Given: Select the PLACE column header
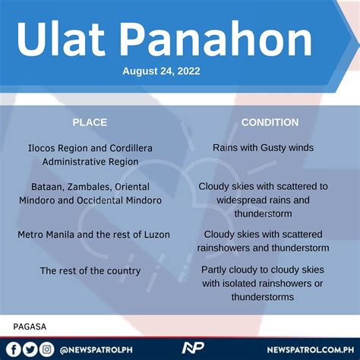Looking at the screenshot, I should [x=90, y=122].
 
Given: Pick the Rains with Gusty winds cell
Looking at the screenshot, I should [x=263, y=148].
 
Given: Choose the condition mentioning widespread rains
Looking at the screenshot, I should [x=263, y=199].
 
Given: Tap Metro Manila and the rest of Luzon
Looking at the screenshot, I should [x=93, y=235].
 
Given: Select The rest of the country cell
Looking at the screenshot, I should [x=90, y=270].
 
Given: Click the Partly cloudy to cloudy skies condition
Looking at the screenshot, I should [x=263, y=283].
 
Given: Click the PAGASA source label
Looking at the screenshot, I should [x=30, y=327].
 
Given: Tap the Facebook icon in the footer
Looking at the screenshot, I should [x=14, y=349].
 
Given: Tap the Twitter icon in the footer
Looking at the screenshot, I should [x=30, y=349].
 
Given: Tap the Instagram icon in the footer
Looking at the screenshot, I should [x=47, y=349].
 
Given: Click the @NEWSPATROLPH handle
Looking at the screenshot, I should [x=93, y=349].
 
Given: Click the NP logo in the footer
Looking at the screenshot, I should [x=193, y=349].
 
